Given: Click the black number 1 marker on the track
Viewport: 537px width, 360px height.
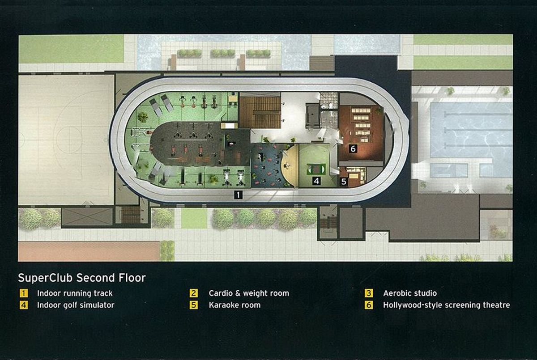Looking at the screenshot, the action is click(238, 195).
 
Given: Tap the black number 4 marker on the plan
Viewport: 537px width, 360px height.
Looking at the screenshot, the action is click(316, 181).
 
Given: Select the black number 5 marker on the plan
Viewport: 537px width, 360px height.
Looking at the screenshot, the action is click(344, 182).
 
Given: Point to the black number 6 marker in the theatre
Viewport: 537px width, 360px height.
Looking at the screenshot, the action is click(353, 149).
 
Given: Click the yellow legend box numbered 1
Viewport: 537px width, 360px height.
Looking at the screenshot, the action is click(24, 293).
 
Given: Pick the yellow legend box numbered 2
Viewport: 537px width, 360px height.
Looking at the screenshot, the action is click(194, 293).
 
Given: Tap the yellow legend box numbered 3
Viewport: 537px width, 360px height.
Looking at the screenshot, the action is click(369, 293).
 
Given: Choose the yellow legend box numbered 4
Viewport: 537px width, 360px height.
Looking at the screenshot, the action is click(24, 305).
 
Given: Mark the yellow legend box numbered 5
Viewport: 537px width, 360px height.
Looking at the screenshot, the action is click(194, 305).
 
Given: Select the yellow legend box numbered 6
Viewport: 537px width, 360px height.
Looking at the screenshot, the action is click(369, 305).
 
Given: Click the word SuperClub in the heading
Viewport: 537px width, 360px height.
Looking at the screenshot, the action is click(45, 278).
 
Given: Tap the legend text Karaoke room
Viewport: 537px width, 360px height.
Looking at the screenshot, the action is click(234, 305).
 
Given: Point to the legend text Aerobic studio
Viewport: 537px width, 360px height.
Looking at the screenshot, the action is click(410, 293).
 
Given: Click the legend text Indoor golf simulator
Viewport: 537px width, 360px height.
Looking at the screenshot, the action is click(76, 305).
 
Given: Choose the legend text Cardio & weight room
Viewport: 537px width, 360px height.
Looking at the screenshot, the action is click(249, 293).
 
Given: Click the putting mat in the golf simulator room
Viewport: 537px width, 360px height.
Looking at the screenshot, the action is click(316, 169).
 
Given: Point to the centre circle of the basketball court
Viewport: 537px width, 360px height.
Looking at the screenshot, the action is click(65, 140).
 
